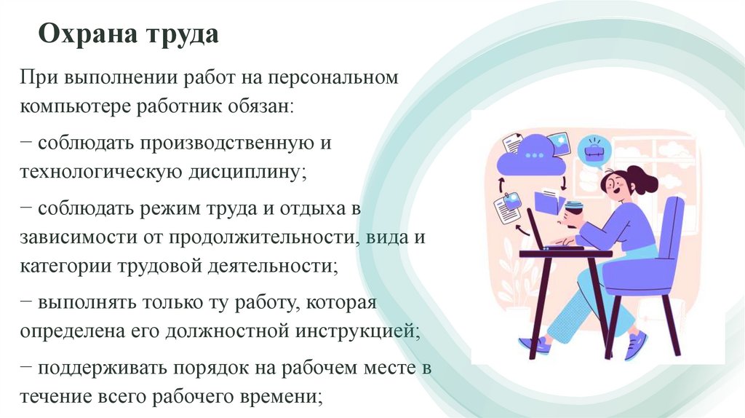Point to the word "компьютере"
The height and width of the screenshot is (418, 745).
pos(73,107)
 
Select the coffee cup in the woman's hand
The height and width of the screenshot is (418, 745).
pos(573,212)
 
